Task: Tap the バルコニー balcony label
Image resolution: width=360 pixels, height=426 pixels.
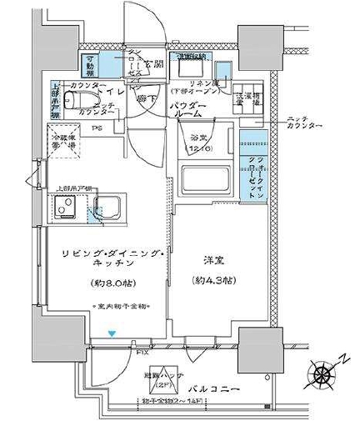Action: click(x=218, y=389)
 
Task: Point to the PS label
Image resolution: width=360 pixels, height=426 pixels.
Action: click(x=97, y=128)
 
